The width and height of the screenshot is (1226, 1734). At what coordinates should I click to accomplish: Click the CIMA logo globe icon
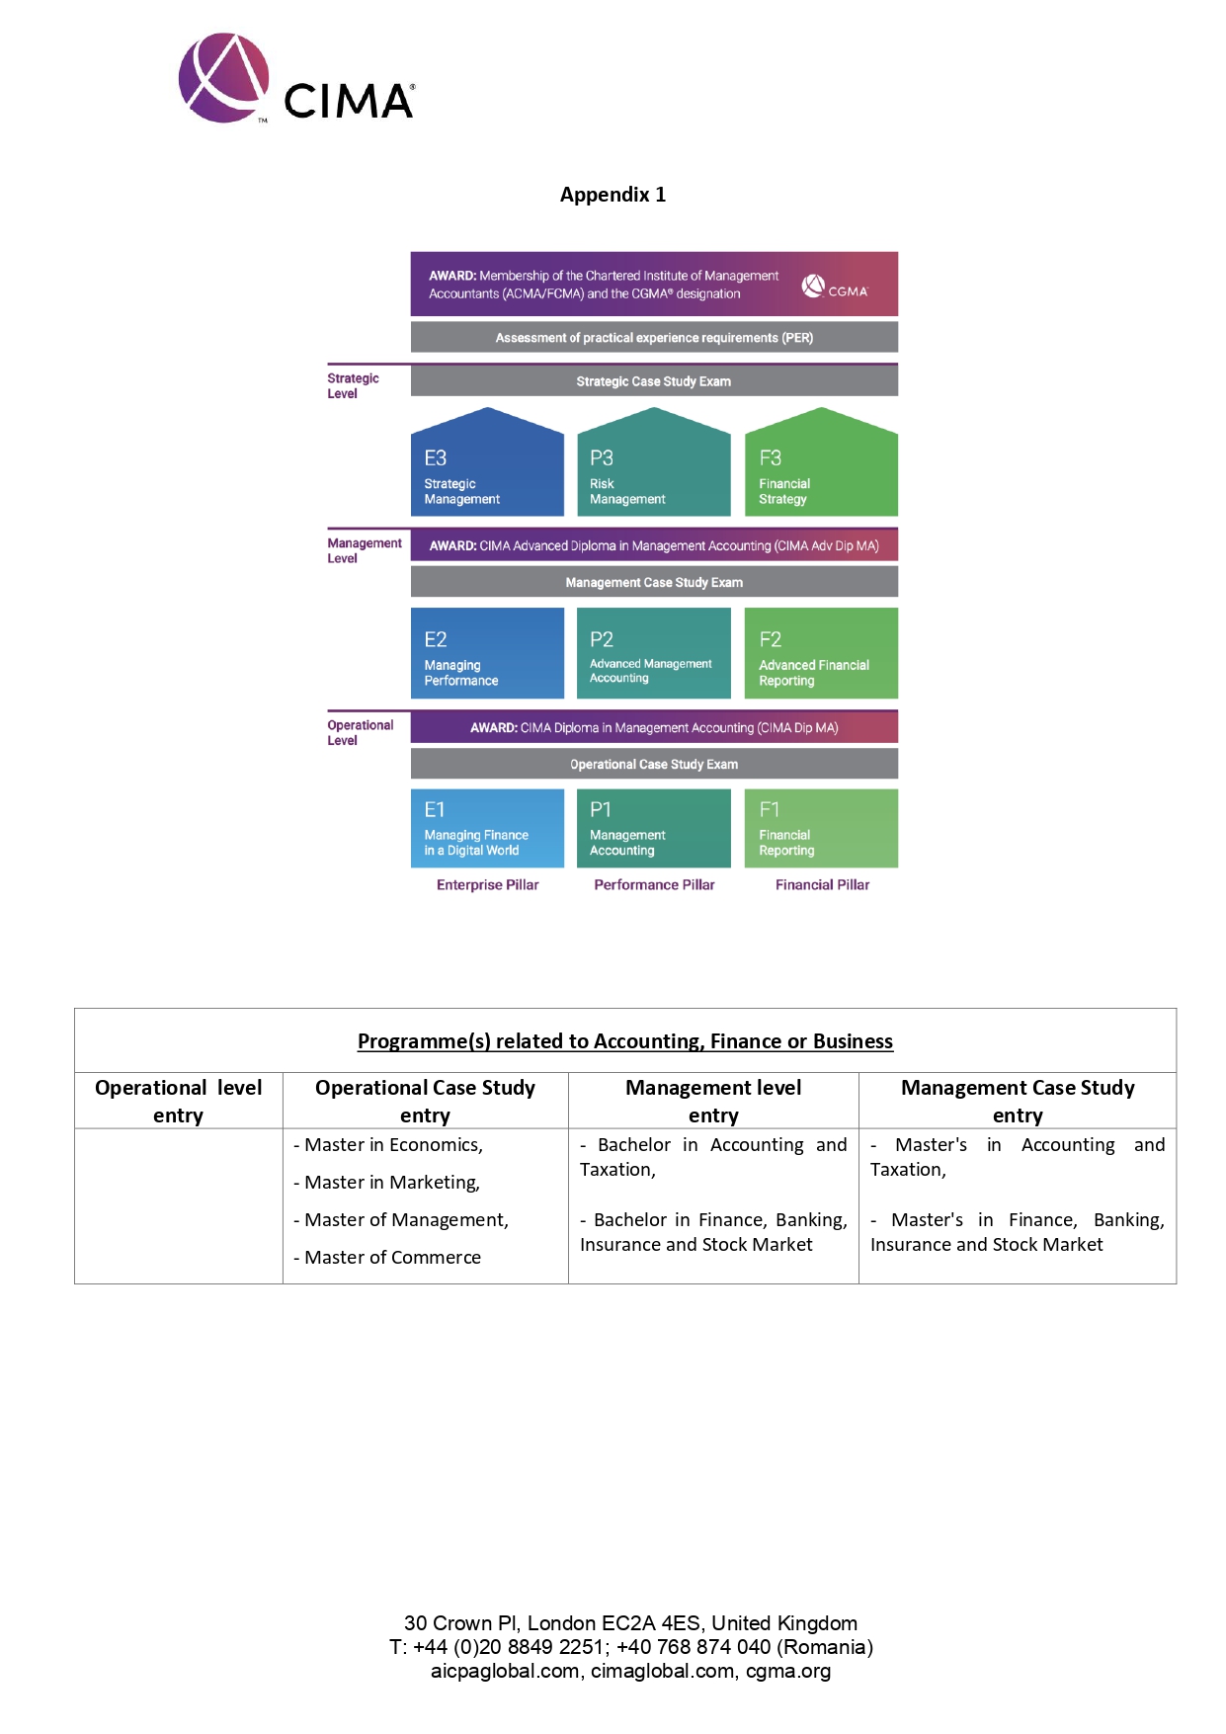[x=223, y=78]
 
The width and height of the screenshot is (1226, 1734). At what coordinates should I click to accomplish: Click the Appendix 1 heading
[x=613, y=195]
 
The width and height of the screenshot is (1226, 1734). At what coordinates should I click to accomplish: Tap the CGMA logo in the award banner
[x=835, y=288]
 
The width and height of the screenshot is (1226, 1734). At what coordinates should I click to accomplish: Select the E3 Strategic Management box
[x=487, y=468]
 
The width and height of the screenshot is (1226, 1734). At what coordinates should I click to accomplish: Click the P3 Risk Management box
[x=653, y=468]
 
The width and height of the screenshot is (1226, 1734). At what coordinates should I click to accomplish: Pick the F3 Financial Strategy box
[x=821, y=468]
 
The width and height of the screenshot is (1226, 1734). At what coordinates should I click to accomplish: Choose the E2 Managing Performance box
[x=487, y=653]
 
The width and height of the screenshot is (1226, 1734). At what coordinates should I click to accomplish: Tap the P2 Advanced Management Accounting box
[x=653, y=653]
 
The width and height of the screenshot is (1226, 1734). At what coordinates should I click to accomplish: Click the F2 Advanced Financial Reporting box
[x=821, y=653]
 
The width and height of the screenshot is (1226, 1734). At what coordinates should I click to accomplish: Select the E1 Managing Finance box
[x=487, y=828]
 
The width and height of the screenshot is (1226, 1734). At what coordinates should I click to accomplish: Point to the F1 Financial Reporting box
[x=821, y=828]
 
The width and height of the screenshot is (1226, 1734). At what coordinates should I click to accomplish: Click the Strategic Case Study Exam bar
[x=654, y=381]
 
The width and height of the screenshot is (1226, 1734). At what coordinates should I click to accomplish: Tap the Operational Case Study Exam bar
[x=654, y=764]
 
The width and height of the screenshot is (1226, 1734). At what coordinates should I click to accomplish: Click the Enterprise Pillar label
[x=487, y=885]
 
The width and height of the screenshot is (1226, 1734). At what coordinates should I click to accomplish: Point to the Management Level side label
[x=364, y=550]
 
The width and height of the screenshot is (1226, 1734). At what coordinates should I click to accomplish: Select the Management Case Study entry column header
[x=1018, y=1101]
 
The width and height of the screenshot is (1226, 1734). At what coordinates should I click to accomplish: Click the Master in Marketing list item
[x=391, y=1183]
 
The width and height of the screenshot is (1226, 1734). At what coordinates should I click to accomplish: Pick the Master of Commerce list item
[x=392, y=1258]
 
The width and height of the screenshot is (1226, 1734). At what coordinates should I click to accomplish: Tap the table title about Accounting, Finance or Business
[x=624, y=1041]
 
